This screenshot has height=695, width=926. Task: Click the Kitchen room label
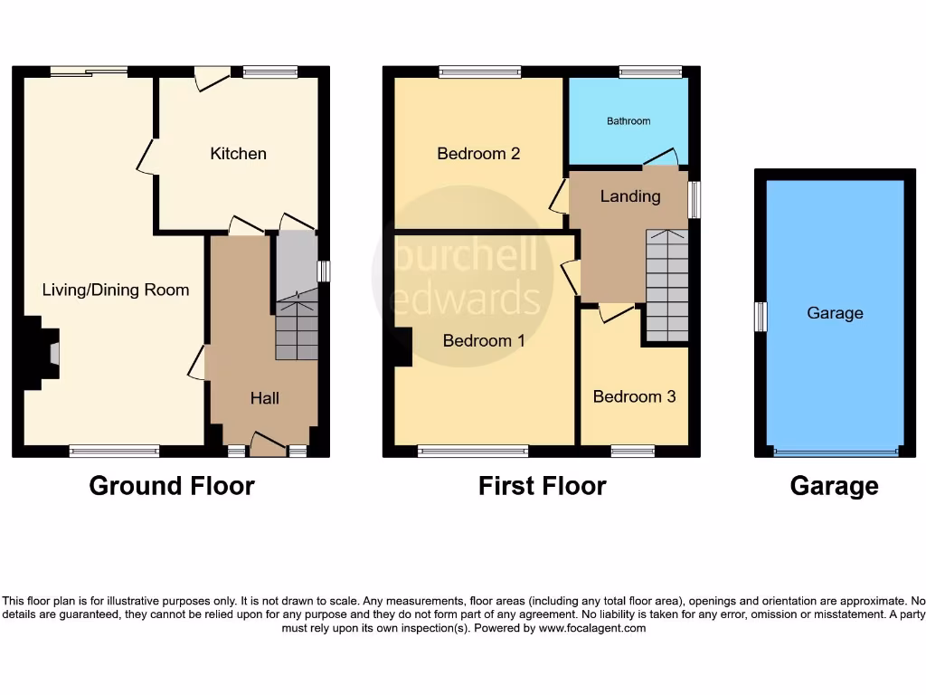[238, 154]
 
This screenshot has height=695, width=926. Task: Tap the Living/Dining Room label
[116, 290]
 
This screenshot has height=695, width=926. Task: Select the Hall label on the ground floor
[264, 398]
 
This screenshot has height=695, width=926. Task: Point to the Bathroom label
[628, 121]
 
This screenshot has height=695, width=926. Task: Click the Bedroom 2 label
[478, 154]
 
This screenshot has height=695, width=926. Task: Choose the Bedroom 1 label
[484, 341]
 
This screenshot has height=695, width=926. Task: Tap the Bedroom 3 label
[634, 396]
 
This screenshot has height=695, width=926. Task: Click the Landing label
[630, 196]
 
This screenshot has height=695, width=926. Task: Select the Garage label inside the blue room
[835, 313]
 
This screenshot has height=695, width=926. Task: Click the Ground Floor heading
[172, 486]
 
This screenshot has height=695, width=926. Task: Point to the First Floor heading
[542, 486]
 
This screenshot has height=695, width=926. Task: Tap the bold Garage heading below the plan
[834, 486]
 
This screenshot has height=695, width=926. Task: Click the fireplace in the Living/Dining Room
[52, 352]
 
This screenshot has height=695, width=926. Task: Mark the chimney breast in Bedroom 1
[403, 347]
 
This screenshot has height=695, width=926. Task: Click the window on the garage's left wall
[761, 317]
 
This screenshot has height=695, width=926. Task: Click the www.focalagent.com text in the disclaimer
[591, 628]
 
